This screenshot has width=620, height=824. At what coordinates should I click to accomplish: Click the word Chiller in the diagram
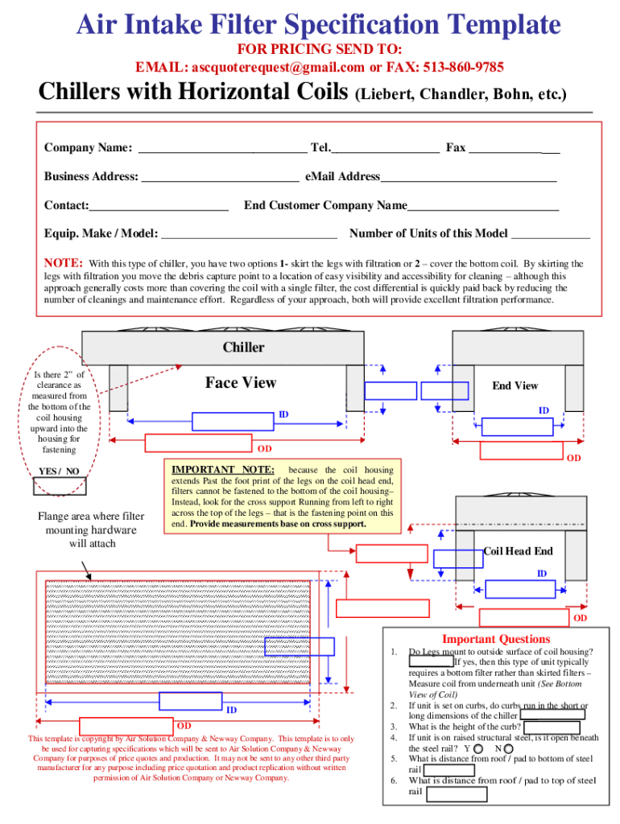click(243, 348)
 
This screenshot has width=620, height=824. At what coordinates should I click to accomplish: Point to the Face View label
click(240, 383)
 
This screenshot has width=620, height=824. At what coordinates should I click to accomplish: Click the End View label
click(515, 385)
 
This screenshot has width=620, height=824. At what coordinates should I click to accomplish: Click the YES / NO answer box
click(59, 485)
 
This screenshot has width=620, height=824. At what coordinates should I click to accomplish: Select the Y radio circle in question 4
click(480, 748)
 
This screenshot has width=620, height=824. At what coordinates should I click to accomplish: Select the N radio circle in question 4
click(508, 748)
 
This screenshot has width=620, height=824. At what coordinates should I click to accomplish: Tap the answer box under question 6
click(456, 794)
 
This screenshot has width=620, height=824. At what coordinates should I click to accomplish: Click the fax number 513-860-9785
click(461, 66)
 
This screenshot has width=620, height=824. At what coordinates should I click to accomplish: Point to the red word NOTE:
click(63, 263)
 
